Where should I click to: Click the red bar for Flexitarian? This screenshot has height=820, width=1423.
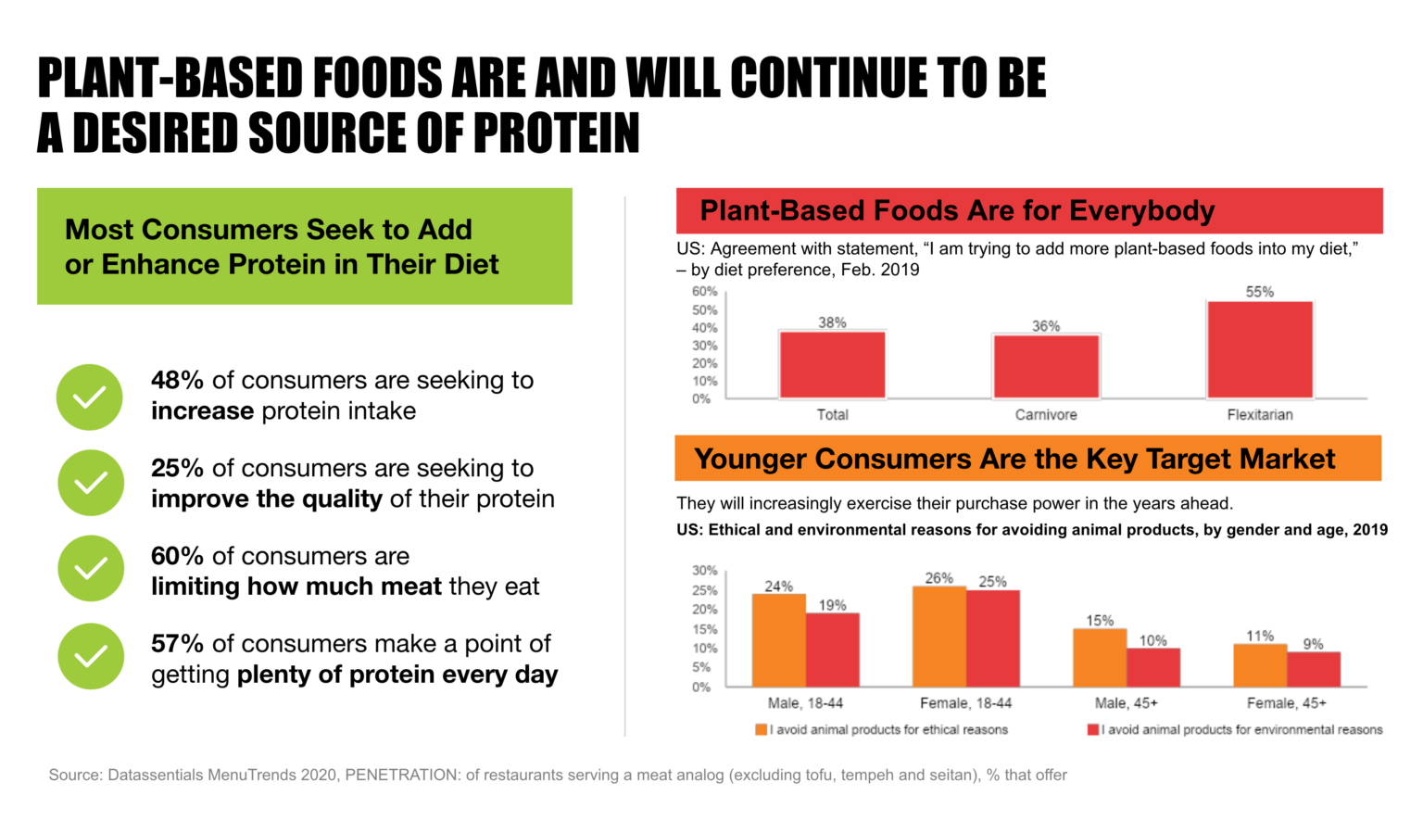(x=1259, y=350)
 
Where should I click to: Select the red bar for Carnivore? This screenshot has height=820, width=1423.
(x=1046, y=367)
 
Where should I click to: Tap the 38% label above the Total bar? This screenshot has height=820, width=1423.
(x=832, y=322)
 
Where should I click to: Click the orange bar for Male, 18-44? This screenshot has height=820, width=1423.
(x=778, y=640)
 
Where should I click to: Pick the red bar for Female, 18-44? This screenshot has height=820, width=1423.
(x=992, y=638)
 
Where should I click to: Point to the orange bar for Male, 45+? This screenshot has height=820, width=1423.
(x=1100, y=658)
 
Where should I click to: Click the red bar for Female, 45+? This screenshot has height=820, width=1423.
(x=1313, y=669)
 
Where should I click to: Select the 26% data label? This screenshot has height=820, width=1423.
(x=938, y=578)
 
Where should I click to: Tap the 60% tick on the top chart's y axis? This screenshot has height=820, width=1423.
(x=704, y=292)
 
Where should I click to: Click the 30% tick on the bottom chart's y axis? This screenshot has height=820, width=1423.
(x=704, y=571)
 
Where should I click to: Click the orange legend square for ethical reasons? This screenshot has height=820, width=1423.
(x=761, y=730)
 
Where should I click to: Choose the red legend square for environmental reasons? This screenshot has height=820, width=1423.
(x=1093, y=730)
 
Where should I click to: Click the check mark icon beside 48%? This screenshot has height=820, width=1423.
(x=90, y=397)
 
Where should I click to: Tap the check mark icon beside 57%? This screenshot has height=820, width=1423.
(x=91, y=656)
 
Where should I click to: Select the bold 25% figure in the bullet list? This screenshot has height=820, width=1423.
(x=177, y=468)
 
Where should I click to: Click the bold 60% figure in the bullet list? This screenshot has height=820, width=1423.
(x=177, y=556)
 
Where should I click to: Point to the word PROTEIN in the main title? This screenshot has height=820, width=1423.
(x=556, y=133)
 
